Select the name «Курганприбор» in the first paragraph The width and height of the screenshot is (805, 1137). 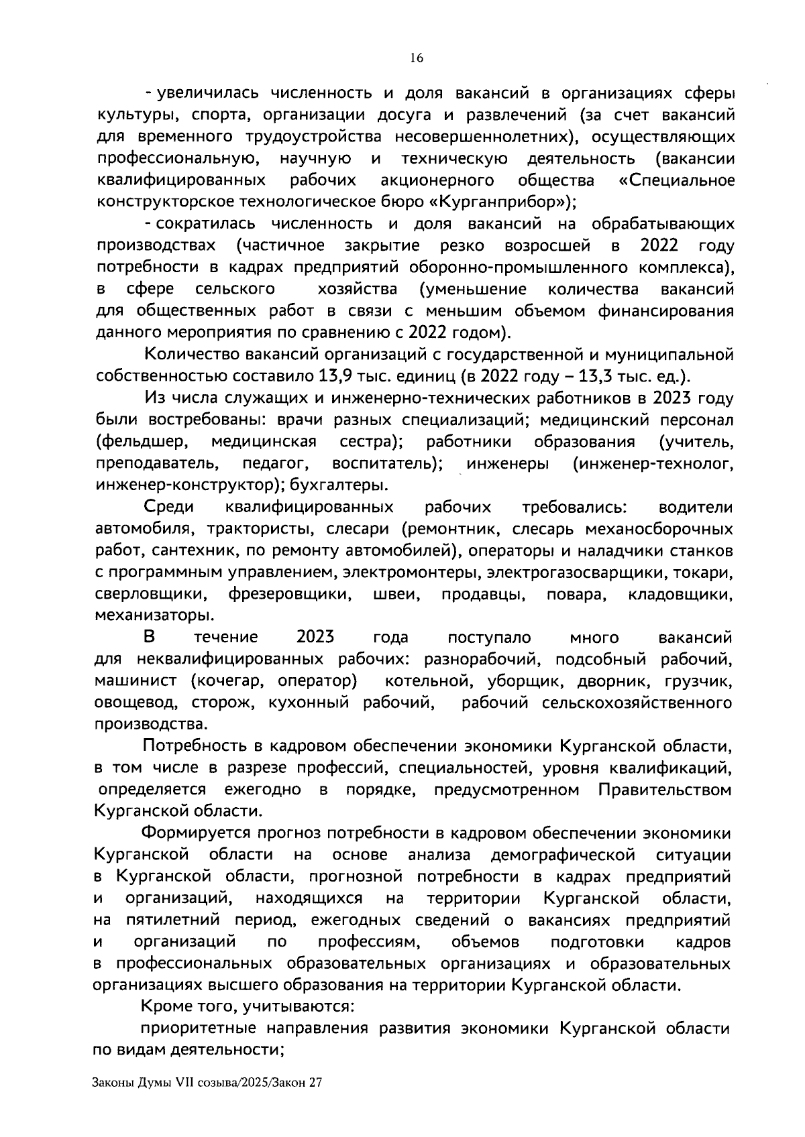pyautogui.click(x=498, y=202)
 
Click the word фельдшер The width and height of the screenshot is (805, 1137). pyautogui.click(x=142, y=442)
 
